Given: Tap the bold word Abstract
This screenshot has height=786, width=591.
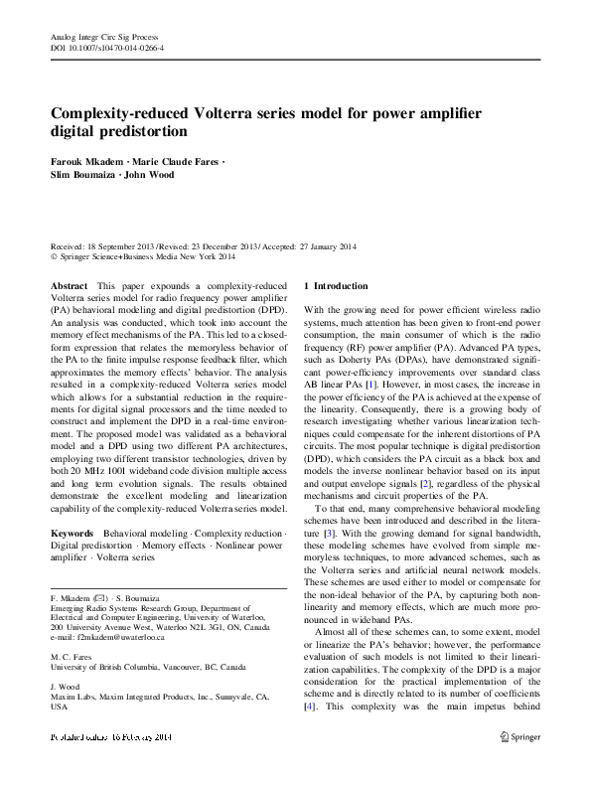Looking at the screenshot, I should [x=69, y=285].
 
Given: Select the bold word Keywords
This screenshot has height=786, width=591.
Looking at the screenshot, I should [x=74, y=534].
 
